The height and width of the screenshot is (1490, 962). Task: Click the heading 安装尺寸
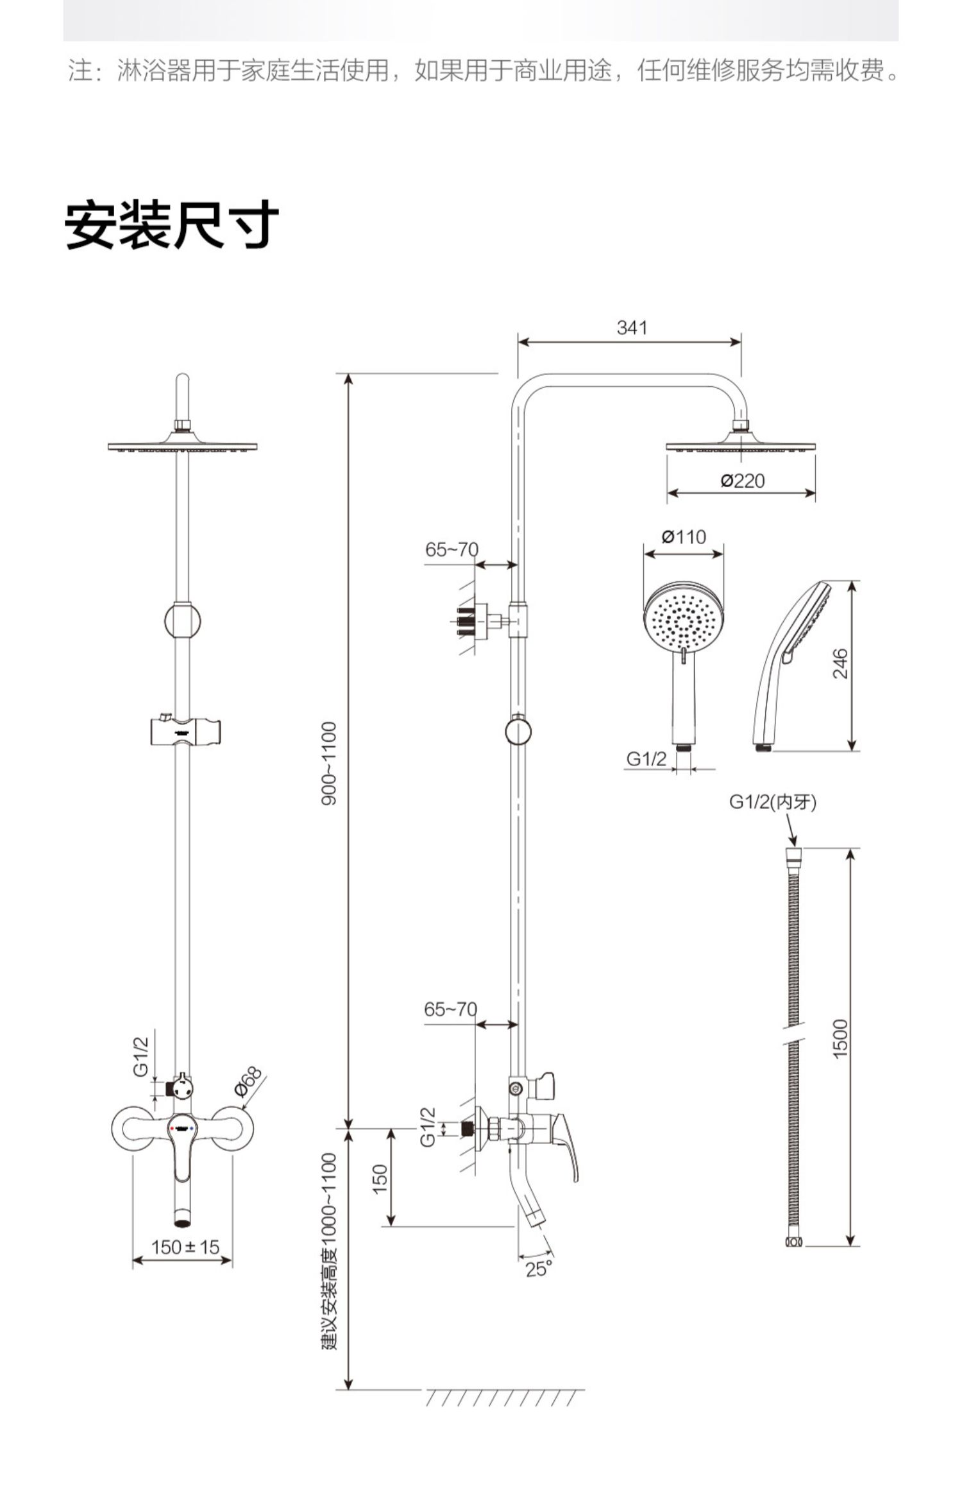[x=172, y=225]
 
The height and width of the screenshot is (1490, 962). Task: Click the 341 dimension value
[x=632, y=328]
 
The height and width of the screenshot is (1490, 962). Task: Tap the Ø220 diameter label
[x=743, y=481]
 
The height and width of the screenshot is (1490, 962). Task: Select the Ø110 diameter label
[x=684, y=536]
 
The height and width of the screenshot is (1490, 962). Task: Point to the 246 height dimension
[x=840, y=664]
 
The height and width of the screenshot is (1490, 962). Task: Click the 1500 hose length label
[x=840, y=1039]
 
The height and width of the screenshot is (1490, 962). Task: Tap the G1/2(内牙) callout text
[x=773, y=802]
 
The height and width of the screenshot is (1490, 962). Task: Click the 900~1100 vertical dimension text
[x=328, y=763]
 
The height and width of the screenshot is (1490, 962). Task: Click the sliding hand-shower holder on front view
[x=185, y=732]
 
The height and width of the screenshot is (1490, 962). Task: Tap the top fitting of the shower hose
[x=793, y=854]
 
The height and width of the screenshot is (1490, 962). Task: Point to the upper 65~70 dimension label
[x=451, y=550]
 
